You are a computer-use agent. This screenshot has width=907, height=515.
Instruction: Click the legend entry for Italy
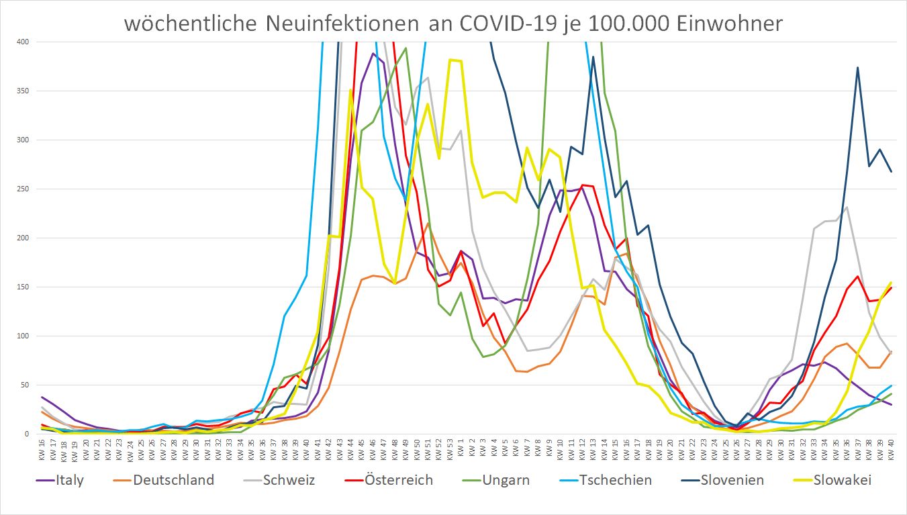[67, 480]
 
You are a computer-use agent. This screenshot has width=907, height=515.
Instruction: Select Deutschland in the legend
[173, 480]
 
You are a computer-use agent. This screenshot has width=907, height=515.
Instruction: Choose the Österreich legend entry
[397, 480]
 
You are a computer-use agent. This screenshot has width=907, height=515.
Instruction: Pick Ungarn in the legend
[505, 480]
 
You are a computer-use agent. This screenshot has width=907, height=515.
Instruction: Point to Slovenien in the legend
[730, 480]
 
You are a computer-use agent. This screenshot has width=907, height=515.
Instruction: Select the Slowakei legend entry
[843, 480]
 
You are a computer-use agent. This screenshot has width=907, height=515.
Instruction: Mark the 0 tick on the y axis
[28, 434]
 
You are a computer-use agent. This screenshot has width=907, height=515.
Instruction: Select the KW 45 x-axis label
[362, 449]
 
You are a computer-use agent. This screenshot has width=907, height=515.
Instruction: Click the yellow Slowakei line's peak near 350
[350, 90]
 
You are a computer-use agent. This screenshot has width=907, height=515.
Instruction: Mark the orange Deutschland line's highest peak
[428, 224]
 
